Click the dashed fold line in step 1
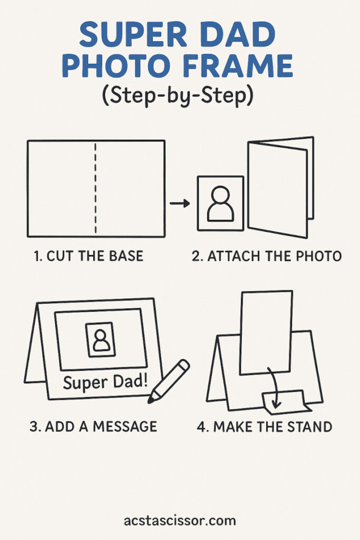pyautogui.click(x=95, y=188)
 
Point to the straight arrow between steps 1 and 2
pyautogui.click(x=180, y=203)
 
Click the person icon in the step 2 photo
pyautogui.click(x=220, y=204)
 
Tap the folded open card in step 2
pyautogui.click(x=281, y=187)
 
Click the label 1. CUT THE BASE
pyautogui.click(x=89, y=256)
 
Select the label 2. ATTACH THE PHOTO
pyautogui.click(x=267, y=256)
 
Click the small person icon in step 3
pyautogui.click(x=101, y=340)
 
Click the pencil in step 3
pyautogui.click(x=169, y=381)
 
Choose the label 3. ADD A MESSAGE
pyautogui.click(x=93, y=427)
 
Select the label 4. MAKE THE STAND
pyautogui.click(x=264, y=427)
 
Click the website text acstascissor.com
pyautogui.click(x=180, y=520)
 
